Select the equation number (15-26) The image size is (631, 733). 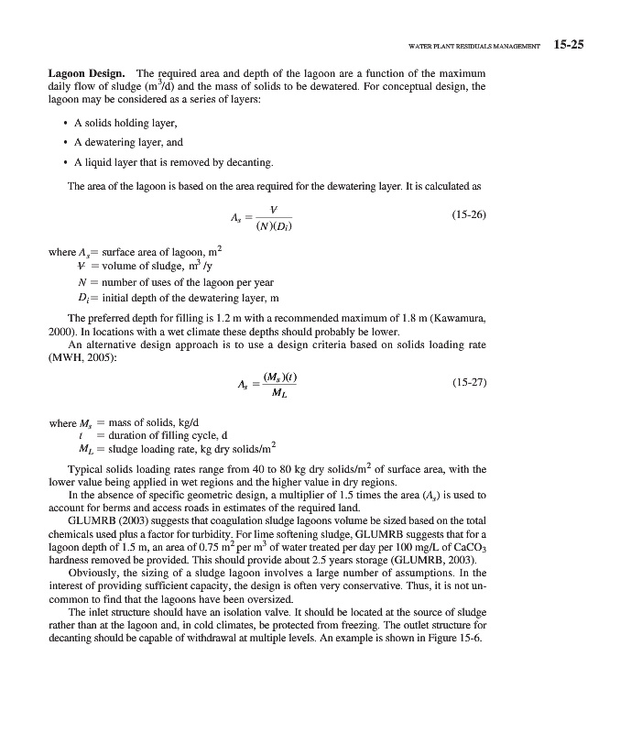pos(469,214)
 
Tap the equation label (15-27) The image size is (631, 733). pos(469,385)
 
